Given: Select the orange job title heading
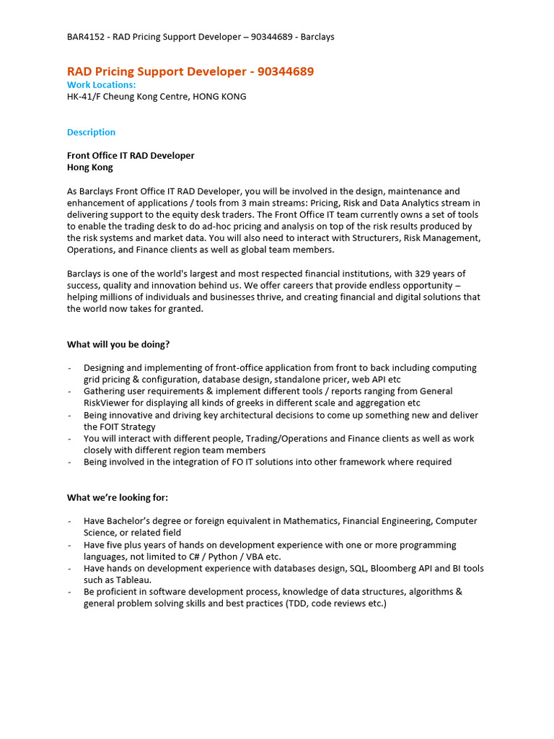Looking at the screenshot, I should point(190,71).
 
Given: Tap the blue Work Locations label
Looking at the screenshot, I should point(101,84).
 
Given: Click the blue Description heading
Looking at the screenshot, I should point(91,132).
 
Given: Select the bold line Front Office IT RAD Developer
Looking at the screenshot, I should point(131,155).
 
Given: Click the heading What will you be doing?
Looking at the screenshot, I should point(118,344).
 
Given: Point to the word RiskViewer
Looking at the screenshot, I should point(107,403).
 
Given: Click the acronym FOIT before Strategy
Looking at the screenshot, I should point(112,427).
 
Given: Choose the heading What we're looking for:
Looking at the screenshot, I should point(117,497).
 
